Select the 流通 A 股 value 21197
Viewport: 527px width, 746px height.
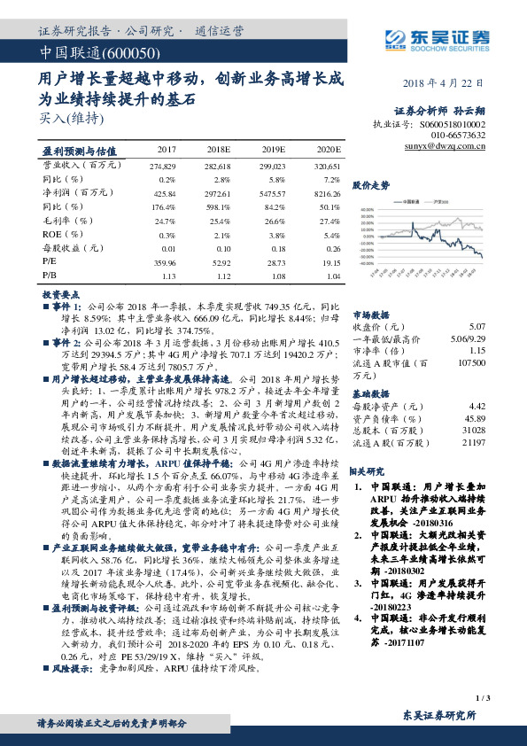475,441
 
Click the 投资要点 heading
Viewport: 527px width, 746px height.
61,292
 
